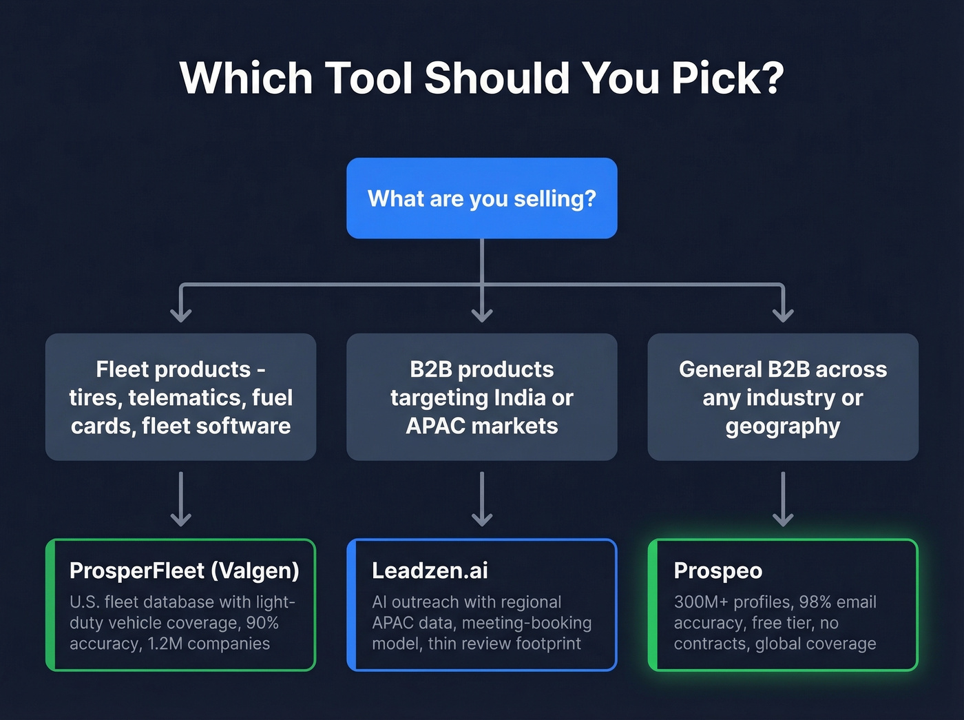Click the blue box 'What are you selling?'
pos(481,198)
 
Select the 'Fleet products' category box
pos(180,397)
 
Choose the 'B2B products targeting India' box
pos(481,397)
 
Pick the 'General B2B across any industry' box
pos(782,397)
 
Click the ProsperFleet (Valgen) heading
pos(184,570)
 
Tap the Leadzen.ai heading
pos(430,570)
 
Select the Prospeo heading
pos(717,570)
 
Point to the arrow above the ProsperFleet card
pos(180,500)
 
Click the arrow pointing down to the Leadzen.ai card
pos(481,500)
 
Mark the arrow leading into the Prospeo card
pos(783,500)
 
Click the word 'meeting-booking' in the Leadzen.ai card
pos(527,623)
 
